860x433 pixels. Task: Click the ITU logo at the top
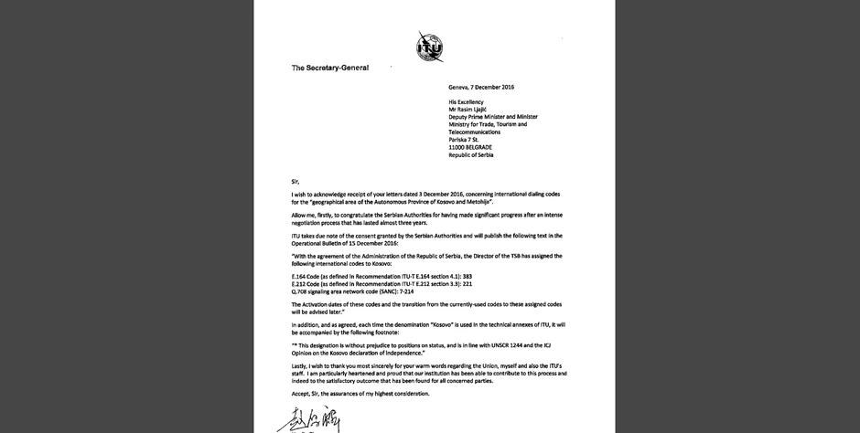pos(429,46)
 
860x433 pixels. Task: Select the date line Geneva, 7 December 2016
pos(481,87)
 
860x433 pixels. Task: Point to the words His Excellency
pos(466,102)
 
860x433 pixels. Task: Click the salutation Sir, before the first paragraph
pos(295,181)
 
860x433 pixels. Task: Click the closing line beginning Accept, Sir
pos(360,394)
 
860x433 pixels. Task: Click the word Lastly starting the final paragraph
pos(301,364)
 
